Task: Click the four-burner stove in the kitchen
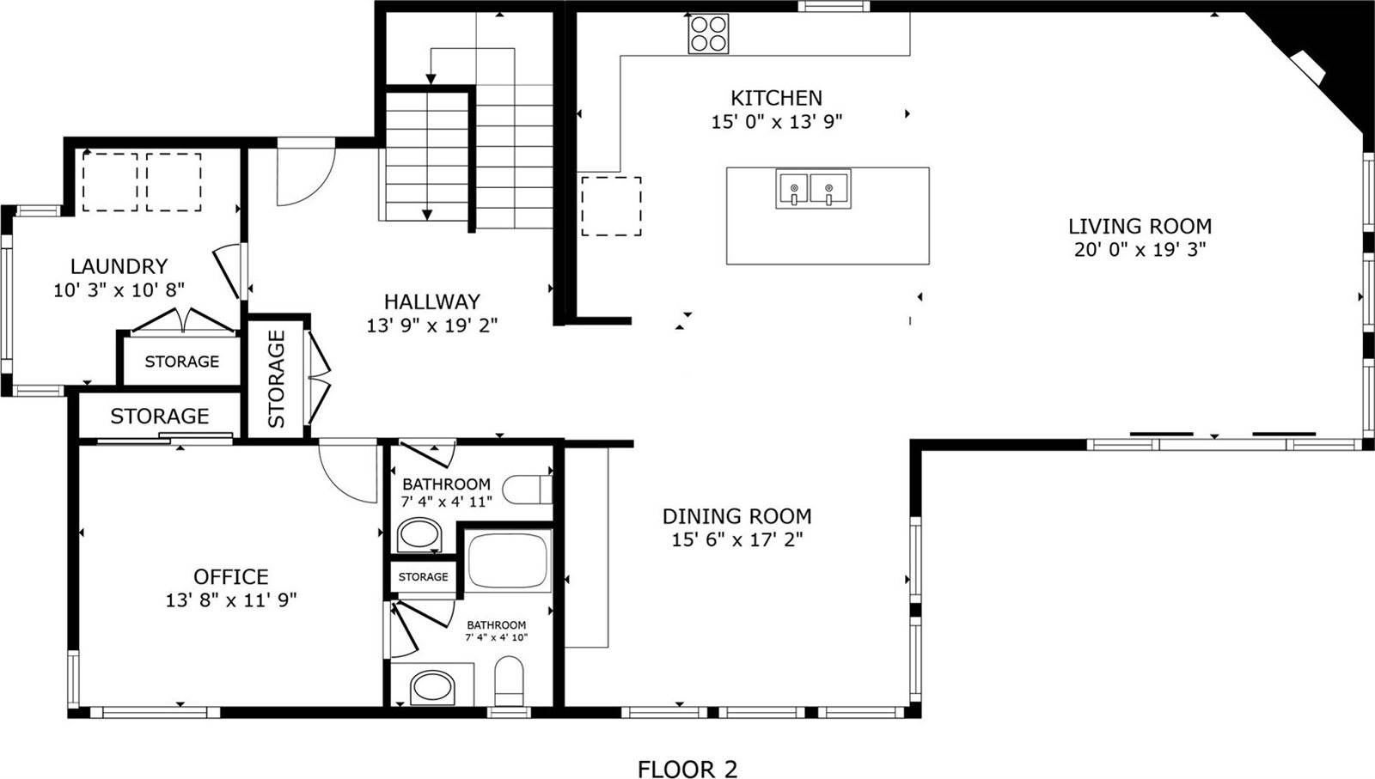coord(708,34)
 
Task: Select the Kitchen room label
coord(776,98)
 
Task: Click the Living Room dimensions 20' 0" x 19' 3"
coord(1140,250)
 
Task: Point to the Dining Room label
coord(736,516)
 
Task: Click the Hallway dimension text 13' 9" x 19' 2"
coord(432,326)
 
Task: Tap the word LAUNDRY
coord(119,266)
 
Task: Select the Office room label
coord(230,576)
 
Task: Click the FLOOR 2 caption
coord(687,769)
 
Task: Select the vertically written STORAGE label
coord(277,379)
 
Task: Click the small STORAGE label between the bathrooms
coord(423,576)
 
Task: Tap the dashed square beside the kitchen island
coord(611,206)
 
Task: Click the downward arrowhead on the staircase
coord(427,215)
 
